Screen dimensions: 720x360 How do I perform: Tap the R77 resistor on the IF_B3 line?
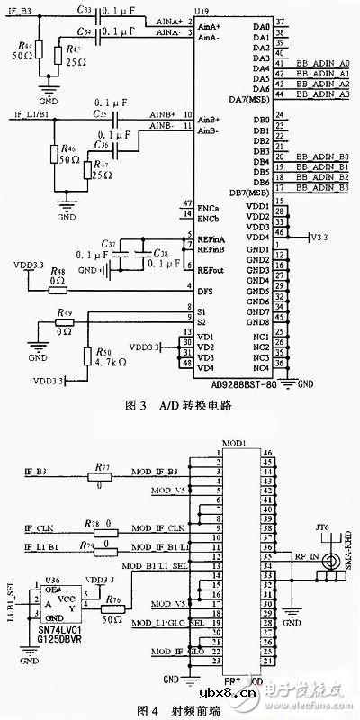pyautogui.click(x=102, y=472)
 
